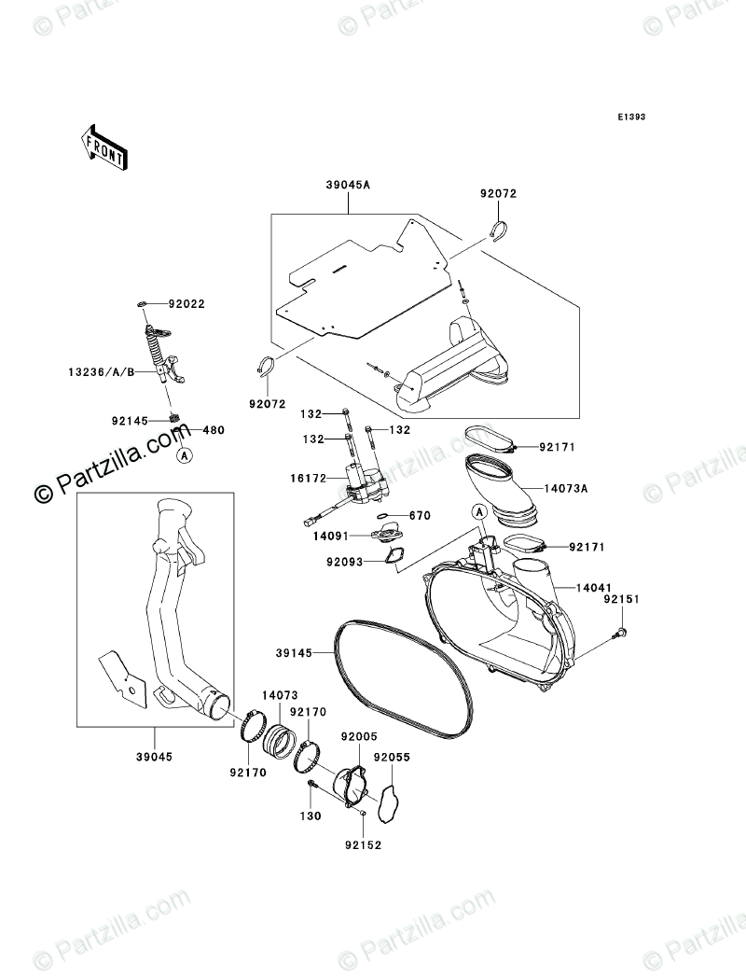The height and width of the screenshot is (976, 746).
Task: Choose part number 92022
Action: (x=186, y=304)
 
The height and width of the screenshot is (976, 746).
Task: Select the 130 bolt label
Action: (x=311, y=816)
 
